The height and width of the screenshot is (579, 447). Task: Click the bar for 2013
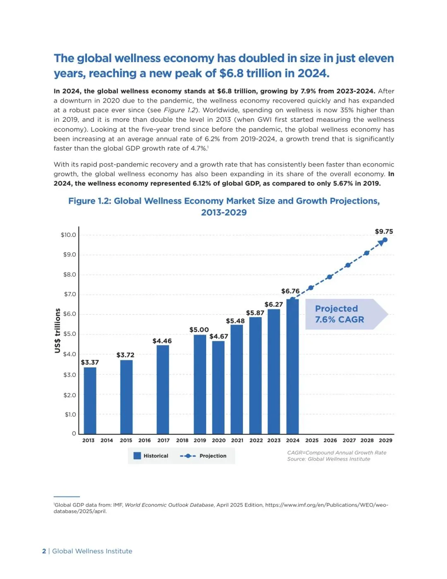tap(90, 400)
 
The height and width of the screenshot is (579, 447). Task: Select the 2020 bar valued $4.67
tap(218, 387)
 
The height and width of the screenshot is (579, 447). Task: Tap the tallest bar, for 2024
tap(292, 366)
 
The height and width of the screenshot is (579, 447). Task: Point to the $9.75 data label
tap(384, 232)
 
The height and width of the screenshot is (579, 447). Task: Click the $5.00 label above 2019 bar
tap(199, 330)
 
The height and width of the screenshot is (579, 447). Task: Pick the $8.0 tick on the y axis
tap(70, 275)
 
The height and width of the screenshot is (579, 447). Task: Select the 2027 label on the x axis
tap(349, 440)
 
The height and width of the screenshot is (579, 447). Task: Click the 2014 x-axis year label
tap(106, 440)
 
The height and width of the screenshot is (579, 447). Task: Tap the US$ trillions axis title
tap(58, 331)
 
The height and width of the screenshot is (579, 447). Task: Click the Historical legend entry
tap(151, 456)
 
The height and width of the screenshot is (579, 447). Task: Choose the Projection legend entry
tap(204, 456)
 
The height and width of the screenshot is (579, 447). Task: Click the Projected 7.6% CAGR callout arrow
tap(346, 314)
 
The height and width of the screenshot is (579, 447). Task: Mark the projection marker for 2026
tap(329, 277)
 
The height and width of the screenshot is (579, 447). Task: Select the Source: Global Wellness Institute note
tap(329, 459)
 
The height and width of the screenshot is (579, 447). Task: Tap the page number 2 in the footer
tap(44, 551)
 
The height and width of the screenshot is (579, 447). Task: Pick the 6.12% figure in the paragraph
tap(202, 183)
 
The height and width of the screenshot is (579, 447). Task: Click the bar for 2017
tap(163, 389)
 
